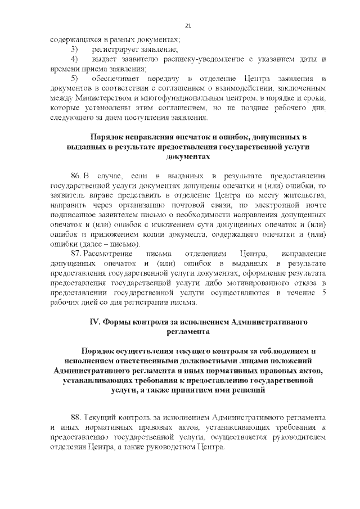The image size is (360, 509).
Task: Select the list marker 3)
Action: [x=74, y=49]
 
